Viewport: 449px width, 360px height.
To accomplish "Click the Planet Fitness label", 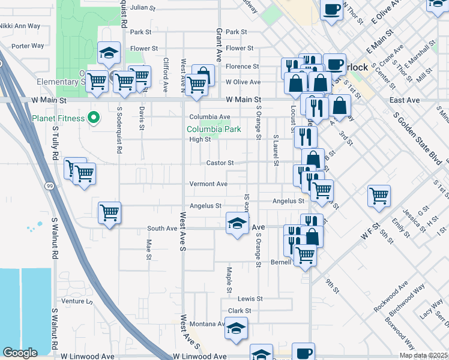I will pyautogui.click(x=59, y=118).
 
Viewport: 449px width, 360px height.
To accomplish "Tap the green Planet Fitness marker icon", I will pyautogui.click(x=93, y=118).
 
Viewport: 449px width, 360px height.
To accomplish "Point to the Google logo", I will pyautogui.click(x=20, y=353).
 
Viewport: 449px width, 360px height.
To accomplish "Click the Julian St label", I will pyautogui.click(x=143, y=8).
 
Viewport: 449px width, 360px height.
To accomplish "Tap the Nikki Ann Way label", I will pyautogui.click(x=20, y=26).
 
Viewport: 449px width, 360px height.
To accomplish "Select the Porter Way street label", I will pyautogui.click(x=28, y=46).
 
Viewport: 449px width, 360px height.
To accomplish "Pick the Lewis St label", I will pyautogui.click(x=250, y=298).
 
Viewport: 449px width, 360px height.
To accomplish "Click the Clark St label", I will pyautogui.click(x=239, y=311).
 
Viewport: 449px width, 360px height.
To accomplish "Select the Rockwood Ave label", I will pyautogui.click(x=391, y=296).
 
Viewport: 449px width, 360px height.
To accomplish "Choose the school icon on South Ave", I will pyautogui.click(x=237, y=224).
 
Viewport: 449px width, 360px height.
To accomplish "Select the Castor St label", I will pyautogui.click(x=220, y=163).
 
